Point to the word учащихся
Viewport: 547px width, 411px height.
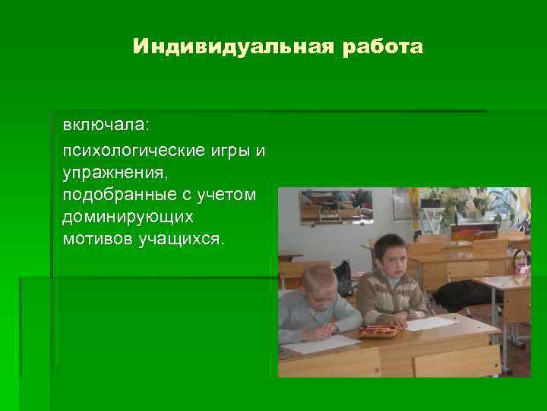[x=179, y=240]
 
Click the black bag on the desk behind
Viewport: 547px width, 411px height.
[x=461, y=295]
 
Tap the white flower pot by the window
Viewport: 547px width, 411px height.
[x=431, y=221]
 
